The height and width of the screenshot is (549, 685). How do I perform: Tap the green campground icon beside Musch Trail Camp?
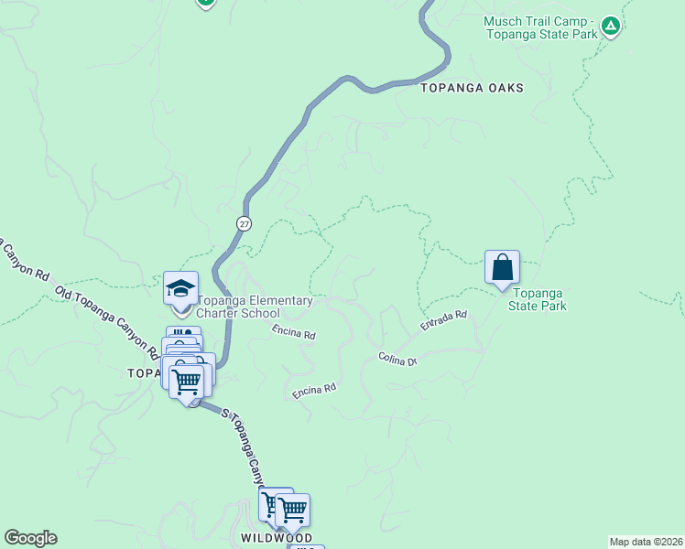[611, 27]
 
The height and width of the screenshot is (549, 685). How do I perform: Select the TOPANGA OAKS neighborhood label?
[472, 88]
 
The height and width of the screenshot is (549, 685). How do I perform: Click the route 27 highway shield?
[243, 223]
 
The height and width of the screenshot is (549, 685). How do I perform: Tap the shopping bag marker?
[502, 268]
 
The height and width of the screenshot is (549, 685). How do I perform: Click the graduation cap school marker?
[180, 288]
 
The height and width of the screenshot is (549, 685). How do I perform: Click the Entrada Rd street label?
[444, 320]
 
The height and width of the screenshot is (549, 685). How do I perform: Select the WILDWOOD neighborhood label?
[277, 538]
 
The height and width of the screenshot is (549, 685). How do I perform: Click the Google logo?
[30, 538]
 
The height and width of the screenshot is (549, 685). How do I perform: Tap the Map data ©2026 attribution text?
[646, 542]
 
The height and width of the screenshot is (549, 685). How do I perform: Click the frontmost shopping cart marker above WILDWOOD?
[292, 511]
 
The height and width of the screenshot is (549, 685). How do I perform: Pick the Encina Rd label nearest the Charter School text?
[293, 335]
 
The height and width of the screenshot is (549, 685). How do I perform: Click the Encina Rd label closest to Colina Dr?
[314, 390]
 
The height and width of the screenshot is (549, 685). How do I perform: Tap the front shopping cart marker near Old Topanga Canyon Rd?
[187, 382]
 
